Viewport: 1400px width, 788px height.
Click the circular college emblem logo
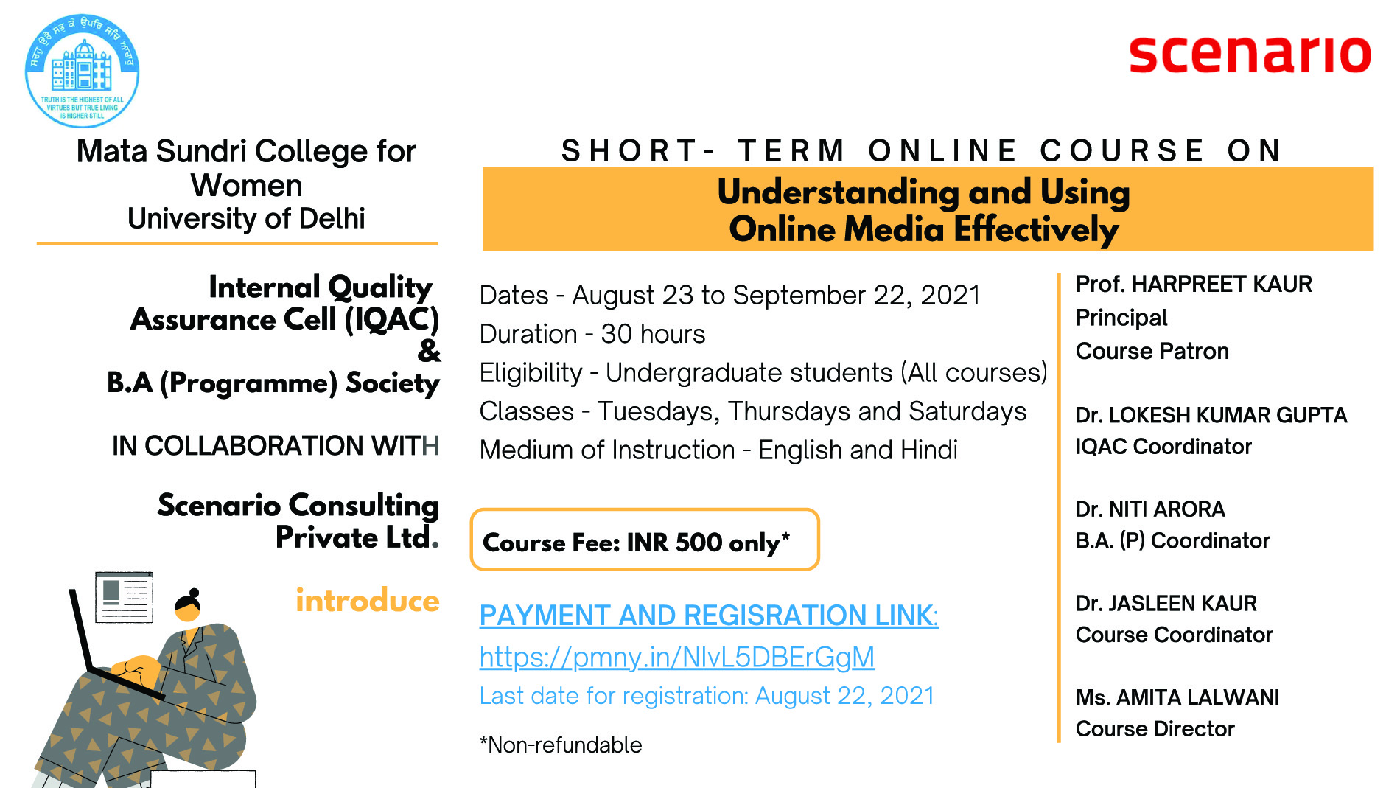click(x=82, y=71)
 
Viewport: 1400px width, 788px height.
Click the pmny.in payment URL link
click(x=676, y=657)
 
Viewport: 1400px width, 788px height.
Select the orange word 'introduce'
click(x=368, y=601)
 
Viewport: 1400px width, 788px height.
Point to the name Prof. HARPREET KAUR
click(x=1194, y=284)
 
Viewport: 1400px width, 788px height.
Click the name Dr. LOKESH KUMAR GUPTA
click(x=1211, y=415)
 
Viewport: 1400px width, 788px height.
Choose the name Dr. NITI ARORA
click(x=1150, y=509)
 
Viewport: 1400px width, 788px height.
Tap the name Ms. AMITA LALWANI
click(x=1177, y=697)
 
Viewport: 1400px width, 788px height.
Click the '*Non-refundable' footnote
click(x=561, y=745)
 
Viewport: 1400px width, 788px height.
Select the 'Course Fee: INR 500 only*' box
click(x=645, y=540)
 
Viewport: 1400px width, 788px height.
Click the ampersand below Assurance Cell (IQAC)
click(x=429, y=351)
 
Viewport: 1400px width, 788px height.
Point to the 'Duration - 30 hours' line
click(x=592, y=334)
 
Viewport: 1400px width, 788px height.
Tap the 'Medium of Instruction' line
click(x=718, y=450)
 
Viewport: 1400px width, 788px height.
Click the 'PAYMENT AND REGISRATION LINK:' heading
click(x=709, y=616)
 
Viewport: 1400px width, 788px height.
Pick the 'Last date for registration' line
click(x=707, y=695)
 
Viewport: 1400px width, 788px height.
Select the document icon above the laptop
click(x=124, y=597)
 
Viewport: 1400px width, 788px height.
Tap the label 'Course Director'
click(x=1155, y=728)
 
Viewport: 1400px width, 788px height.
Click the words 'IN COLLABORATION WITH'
click(x=276, y=446)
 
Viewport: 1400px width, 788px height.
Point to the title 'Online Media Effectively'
click(x=924, y=229)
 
